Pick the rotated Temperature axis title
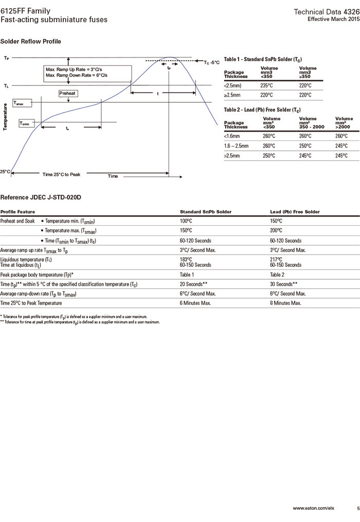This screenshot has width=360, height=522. (5, 117)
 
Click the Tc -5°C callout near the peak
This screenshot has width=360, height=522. (211, 62)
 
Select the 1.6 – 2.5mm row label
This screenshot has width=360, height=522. (237, 146)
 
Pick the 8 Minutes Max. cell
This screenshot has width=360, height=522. (285, 303)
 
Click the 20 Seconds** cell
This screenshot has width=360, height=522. (193, 284)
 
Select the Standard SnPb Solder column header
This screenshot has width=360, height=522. (205, 211)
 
